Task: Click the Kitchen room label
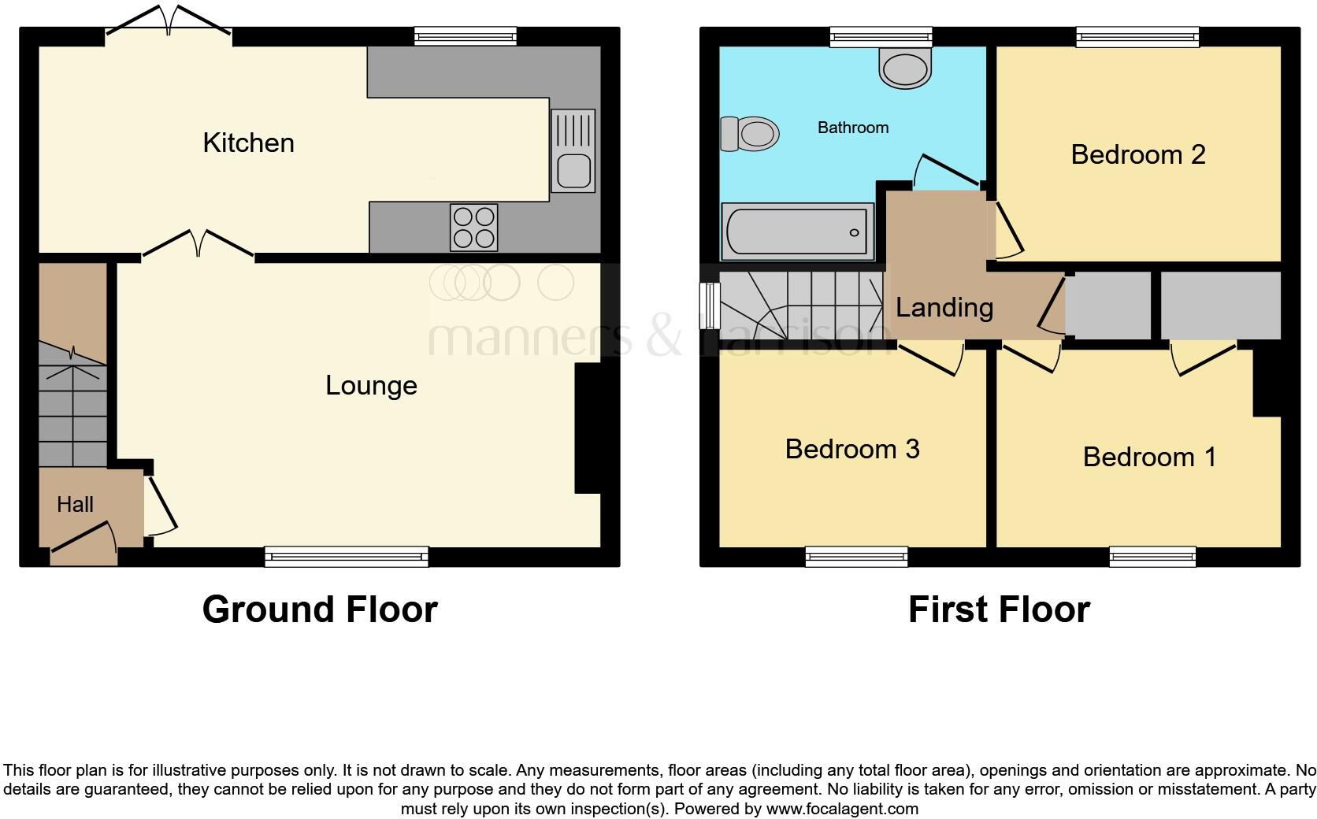click(248, 143)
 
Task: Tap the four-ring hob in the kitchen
click(474, 227)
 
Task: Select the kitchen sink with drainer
click(573, 150)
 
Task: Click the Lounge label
click(371, 385)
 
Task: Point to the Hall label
click(75, 504)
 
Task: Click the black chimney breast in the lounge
click(588, 428)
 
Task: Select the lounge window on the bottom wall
click(347, 557)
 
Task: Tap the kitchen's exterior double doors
click(169, 21)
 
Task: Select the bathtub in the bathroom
click(797, 232)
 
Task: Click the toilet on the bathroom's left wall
click(749, 133)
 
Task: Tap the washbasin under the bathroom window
click(906, 68)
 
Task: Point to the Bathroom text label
click(852, 128)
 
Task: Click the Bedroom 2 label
click(1137, 154)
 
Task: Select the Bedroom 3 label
click(851, 449)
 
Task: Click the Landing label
click(944, 307)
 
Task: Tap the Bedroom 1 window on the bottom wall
click(1152, 557)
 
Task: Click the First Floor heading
click(998, 610)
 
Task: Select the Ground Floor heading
click(319, 610)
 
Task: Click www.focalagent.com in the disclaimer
click(841, 809)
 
